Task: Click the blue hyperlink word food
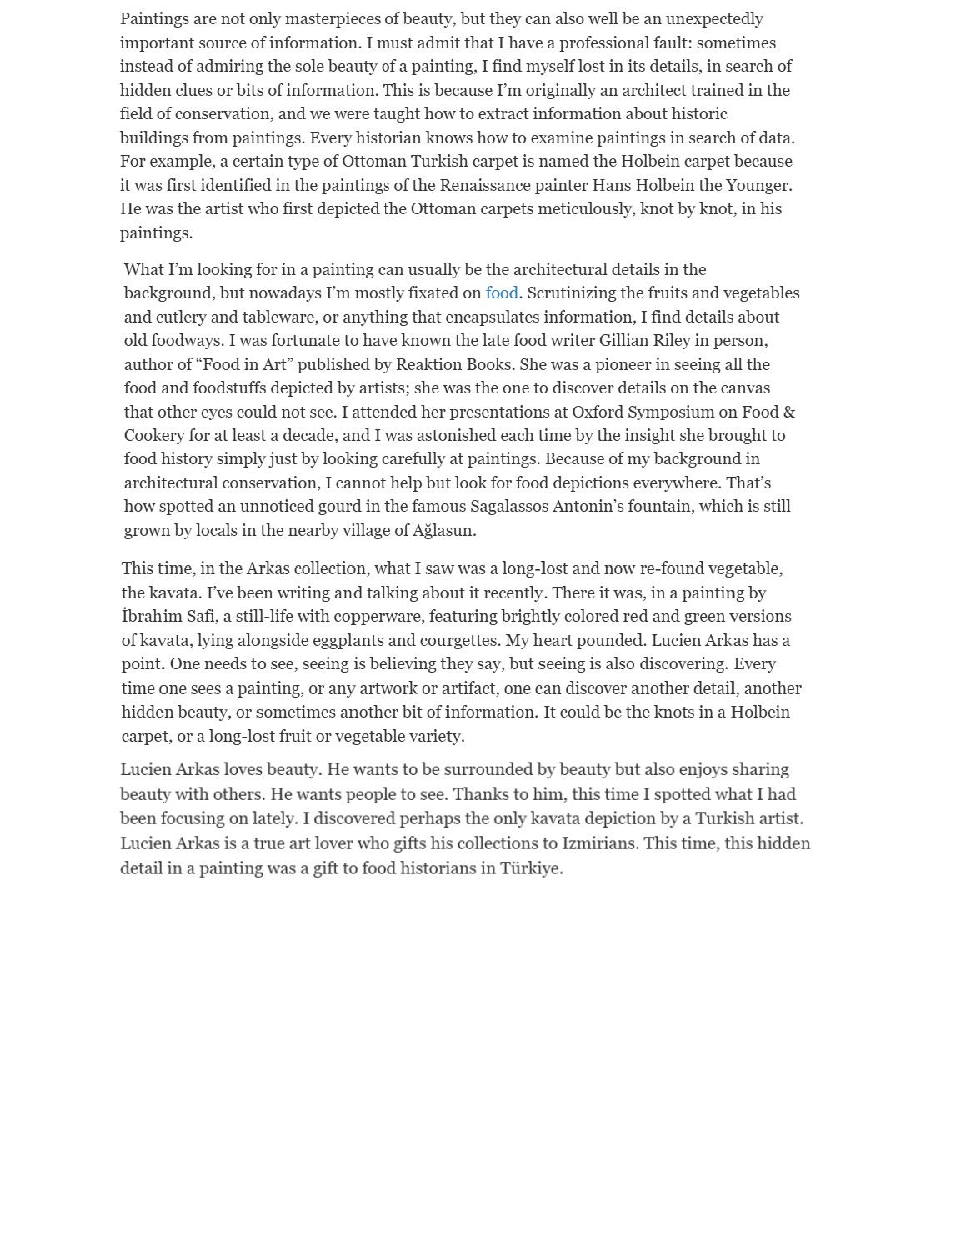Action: (502, 293)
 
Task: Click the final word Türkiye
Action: (532, 868)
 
